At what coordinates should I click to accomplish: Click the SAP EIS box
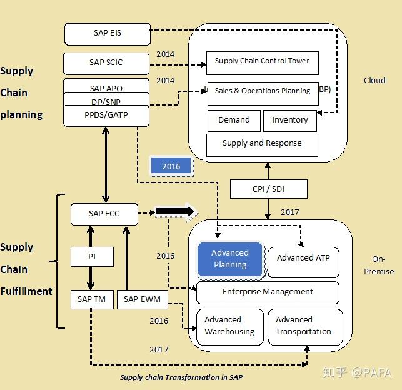pyautogui.click(x=108, y=34)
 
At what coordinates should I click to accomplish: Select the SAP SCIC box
pyautogui.click(x=106, y=64)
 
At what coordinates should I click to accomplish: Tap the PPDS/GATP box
pyautogui.click(x=106, y=116)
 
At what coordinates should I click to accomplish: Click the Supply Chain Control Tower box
pyautogui.click(x=263, y=63)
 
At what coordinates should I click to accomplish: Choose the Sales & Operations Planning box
pyautogui.click(x=263, y=94)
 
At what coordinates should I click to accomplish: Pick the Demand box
pyautogui.click(x=234, y=121)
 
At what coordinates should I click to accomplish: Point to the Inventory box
pyautogui.click(x=290, y=121)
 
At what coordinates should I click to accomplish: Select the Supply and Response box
pyautogui.click(x=262, y=145)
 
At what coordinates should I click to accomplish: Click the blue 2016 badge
pyautogui.click(x=171, y=166)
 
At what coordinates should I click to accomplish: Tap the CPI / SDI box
pyautogui.click(x=269, y=189)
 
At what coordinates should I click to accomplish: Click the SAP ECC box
pyautogui.click(x=104, y=214)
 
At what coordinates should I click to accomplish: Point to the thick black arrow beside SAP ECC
pyautogui.click(x=176, y=212)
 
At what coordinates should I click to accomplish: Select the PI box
pyautogui.click(x=92, y=257)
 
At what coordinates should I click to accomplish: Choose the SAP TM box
pyautogui.click(x=92, y=299)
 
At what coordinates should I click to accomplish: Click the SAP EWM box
pyautogui.click(x=143, y=299)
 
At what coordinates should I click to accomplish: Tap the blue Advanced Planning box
pyautogui.click(x=230, y=259)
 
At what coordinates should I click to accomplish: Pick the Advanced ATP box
pyautogui.click(x=303, y=262)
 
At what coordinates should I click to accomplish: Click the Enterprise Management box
pyautogui.click(x=268, y=292)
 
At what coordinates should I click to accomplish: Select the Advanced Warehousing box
pyautogui.click(x=230, y=327)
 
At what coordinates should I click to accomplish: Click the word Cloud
pyautogui.click(x=374, y=80)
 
